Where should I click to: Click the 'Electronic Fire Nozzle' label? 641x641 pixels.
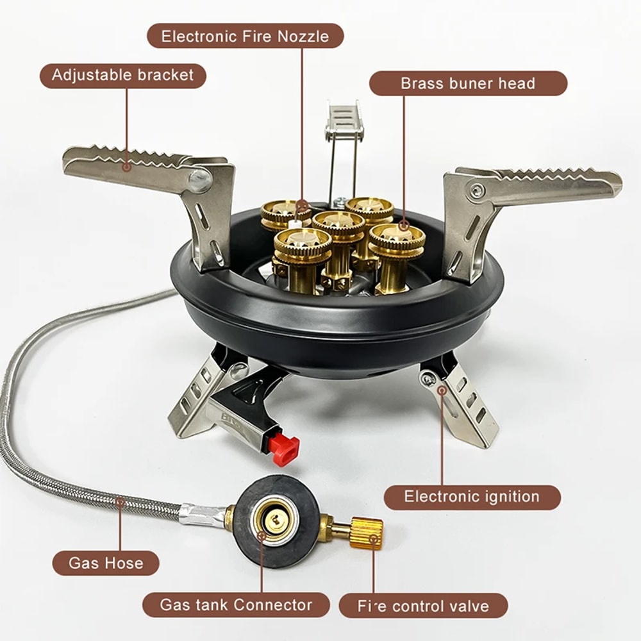246,36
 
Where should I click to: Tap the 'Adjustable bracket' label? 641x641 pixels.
122,75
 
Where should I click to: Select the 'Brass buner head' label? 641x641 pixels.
468,83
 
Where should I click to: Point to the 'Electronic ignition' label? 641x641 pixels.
472,497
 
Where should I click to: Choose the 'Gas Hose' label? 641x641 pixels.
106,563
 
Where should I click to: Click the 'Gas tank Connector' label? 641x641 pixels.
236,604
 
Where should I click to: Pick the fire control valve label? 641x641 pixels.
423,606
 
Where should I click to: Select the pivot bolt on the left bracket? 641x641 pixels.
200,179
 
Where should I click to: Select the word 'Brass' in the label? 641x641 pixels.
424,83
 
